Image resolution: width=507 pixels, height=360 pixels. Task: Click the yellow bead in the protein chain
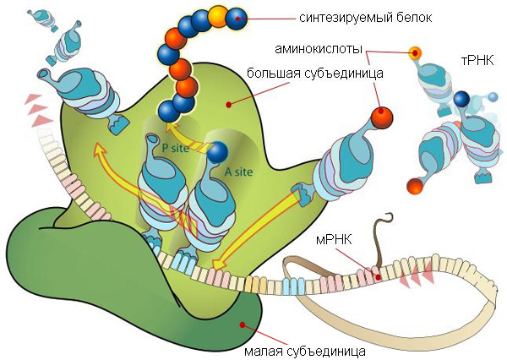(x=218, y=14)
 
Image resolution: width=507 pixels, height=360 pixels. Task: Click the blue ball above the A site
(x=218, y=151)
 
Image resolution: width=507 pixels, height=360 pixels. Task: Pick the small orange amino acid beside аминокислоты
(x=415, y=53)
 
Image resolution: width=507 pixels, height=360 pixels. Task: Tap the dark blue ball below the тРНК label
(x=461, y=100)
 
